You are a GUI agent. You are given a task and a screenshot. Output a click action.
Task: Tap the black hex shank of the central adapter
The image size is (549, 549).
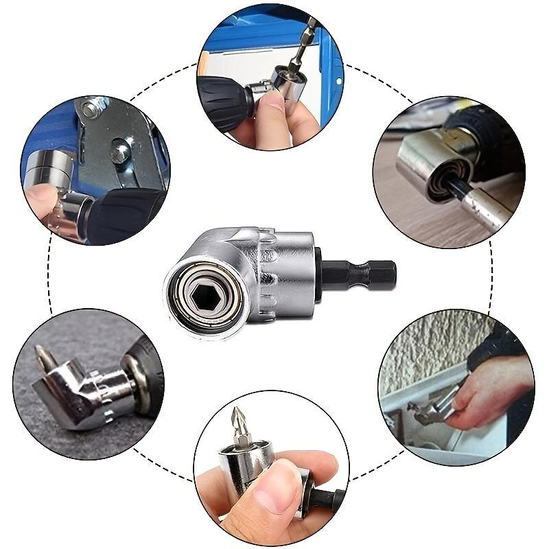pos(364,275)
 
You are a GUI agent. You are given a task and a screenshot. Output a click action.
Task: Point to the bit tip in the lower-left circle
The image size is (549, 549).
pos(45,358)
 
